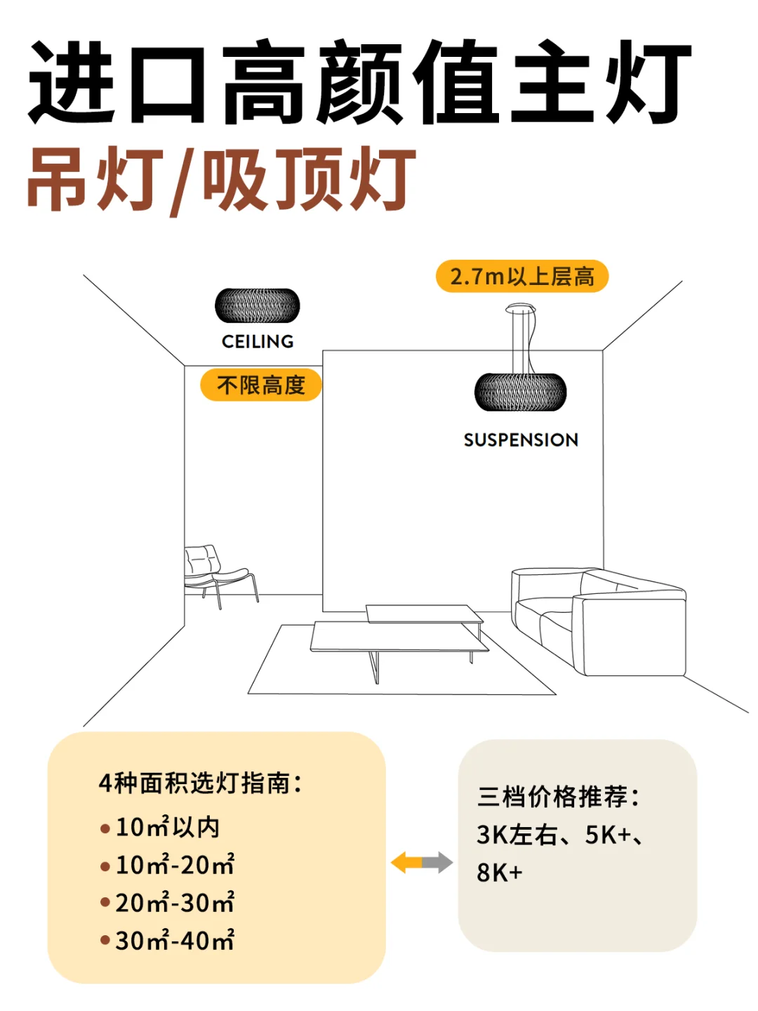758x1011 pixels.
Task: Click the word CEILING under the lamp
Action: tap(258, 341)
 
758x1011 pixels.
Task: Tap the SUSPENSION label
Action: tap(521, 440)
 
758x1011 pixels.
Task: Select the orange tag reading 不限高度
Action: tap(260, 385)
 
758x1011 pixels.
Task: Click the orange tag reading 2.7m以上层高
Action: tap(521, 277)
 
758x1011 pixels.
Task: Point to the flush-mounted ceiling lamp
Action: tap(258, 306)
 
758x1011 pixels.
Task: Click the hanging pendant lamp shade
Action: tap(520, 392)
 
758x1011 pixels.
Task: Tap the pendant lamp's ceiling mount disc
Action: tap(520, 308)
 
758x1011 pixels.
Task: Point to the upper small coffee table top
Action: tap(424, 614)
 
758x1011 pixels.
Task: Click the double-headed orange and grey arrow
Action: tap(422, 862)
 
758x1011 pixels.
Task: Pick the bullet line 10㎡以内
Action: tap(167, 827)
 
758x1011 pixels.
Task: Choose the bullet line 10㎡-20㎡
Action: tap(174, 865)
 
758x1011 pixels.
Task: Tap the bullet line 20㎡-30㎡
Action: tap(174, 903)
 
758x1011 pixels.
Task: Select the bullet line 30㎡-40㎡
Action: tap(174, 941)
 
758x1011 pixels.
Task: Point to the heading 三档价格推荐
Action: tap(558, 797)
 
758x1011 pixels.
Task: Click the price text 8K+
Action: tap(500, 873)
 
